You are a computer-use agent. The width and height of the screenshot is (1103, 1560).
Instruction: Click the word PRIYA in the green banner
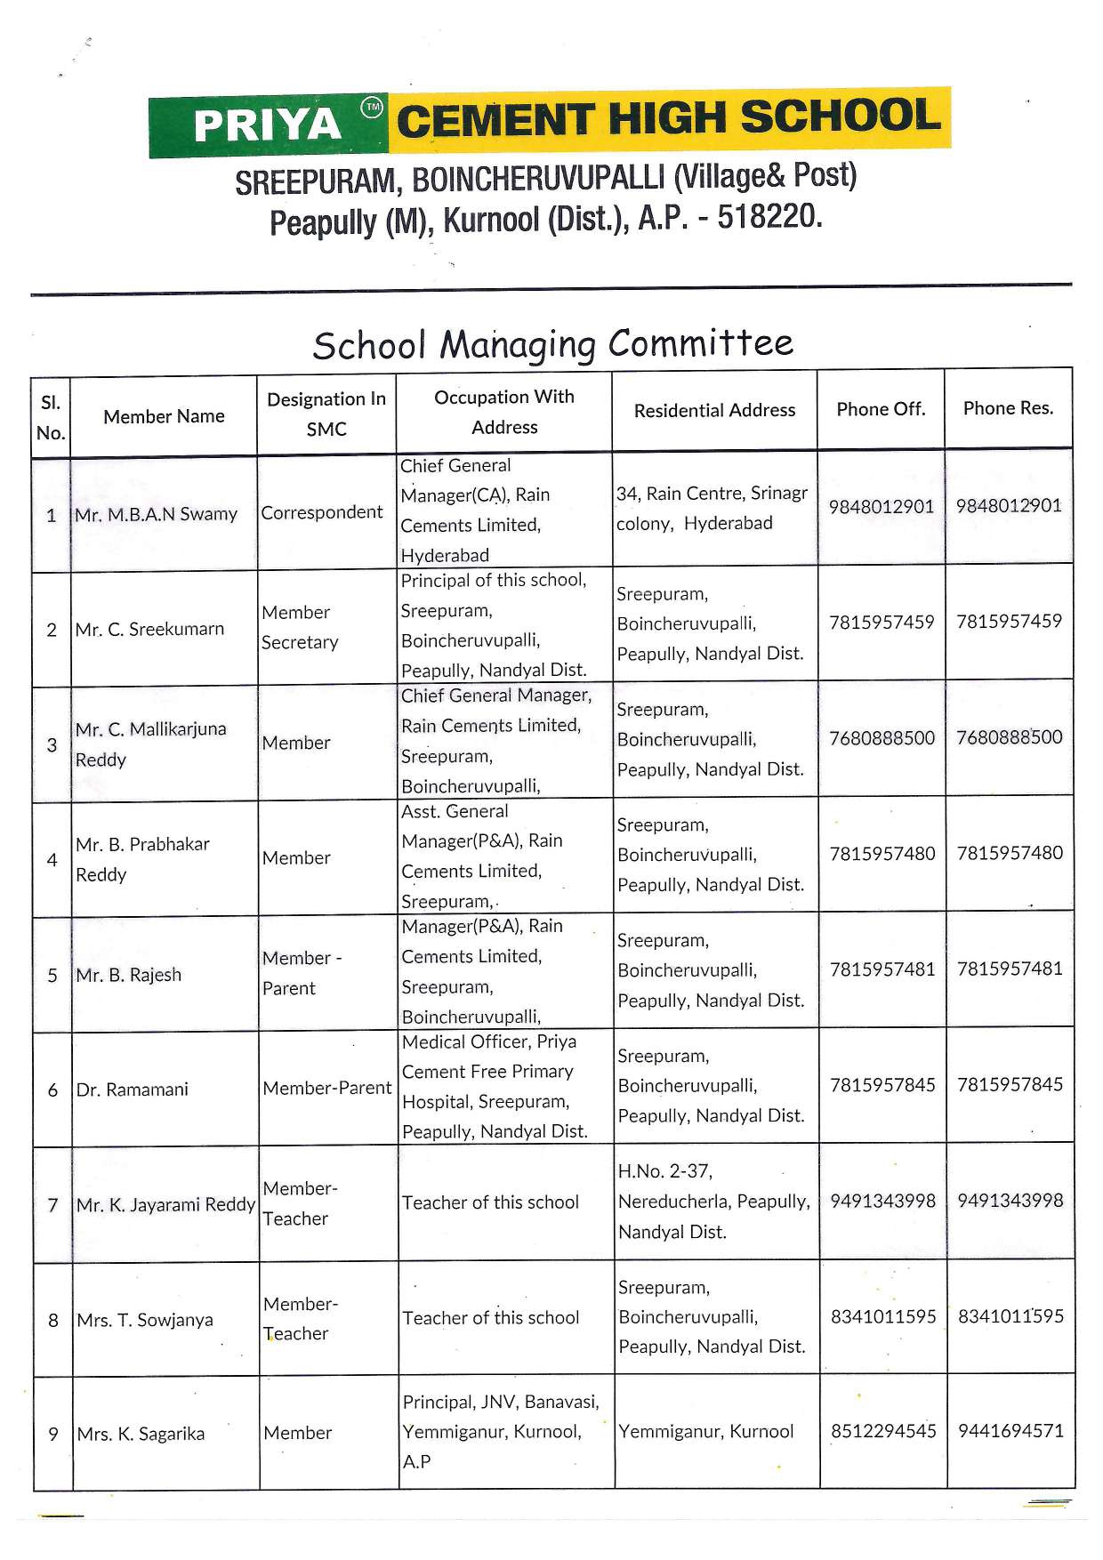tap(267, 125)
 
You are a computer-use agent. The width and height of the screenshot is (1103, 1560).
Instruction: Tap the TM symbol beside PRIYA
tap(372, 108)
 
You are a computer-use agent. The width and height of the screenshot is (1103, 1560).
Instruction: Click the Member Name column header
tap(164, 416)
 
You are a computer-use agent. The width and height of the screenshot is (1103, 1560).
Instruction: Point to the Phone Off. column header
tap(881, 409)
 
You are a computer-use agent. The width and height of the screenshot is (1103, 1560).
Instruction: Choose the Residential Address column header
tap(714, 410)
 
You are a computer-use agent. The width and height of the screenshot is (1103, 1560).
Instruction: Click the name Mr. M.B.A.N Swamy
tap(157, 514)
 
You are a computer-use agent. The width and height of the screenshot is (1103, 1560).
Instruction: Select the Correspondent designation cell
tap(322, 512)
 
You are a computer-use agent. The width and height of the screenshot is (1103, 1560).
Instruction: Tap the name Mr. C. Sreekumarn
tap(149, 629)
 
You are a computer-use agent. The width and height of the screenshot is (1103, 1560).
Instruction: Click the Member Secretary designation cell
tap(300, 627)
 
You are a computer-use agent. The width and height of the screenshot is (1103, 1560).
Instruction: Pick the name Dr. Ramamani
tap(133, 1090)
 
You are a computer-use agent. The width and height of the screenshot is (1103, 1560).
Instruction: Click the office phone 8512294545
tap(883, 1431)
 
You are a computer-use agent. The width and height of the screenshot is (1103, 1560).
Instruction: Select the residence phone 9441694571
tap(1010, 1431)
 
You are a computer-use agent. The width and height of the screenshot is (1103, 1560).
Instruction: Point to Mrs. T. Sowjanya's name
tap(145, 1320)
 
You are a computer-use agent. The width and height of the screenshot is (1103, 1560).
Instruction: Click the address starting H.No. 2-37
tap(713, 1202)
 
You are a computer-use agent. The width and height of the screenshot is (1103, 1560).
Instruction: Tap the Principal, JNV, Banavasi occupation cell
tap(501, 1431)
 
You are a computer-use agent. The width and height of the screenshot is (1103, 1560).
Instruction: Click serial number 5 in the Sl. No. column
tap(52, 976)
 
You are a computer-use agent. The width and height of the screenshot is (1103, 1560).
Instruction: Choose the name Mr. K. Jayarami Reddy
tap(166, 1205)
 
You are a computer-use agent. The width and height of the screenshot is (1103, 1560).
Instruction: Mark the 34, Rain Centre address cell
tap(712, 508)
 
